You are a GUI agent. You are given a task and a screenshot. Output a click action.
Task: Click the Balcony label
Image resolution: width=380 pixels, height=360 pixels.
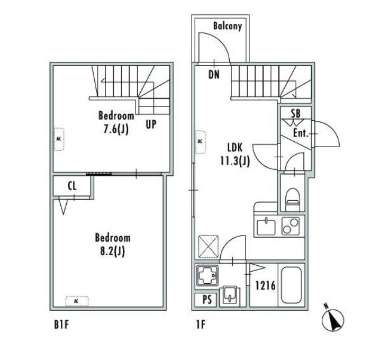(228, 26)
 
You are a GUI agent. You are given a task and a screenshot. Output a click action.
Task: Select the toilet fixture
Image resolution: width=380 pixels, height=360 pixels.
(293, 199)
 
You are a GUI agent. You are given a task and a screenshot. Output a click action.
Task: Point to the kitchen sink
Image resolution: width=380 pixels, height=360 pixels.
(266, 226)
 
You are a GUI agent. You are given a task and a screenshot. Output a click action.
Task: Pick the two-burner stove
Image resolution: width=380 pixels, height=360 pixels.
(291, 226)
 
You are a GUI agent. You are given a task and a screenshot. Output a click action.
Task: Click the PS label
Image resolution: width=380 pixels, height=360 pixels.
(207, 300)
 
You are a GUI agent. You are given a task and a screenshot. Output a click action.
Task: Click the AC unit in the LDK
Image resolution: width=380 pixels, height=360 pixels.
(201, 142)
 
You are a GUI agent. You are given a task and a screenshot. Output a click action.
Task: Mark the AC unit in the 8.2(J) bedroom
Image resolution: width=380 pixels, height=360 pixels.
(77, 301)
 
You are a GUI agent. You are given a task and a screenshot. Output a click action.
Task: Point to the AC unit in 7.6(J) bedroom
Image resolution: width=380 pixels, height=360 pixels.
(59, 139)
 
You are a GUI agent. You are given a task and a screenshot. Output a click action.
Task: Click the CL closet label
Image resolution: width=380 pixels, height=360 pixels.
(72, 186)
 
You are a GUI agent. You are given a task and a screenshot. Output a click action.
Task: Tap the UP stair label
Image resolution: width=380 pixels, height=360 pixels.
(151, 124)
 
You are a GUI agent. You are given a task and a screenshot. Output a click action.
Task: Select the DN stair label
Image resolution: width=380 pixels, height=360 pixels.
(214, 75)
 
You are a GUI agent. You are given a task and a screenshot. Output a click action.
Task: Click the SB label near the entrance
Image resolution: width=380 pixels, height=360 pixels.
(296, 113)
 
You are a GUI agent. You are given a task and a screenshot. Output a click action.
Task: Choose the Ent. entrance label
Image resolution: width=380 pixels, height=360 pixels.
(301, 133)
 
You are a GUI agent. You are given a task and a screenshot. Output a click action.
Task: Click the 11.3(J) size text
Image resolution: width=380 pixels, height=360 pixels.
(235, 161)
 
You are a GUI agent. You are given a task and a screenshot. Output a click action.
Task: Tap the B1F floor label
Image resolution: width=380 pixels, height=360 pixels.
(61, 325)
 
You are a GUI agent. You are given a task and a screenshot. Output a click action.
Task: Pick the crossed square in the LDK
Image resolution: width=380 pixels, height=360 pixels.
(209, 246)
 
